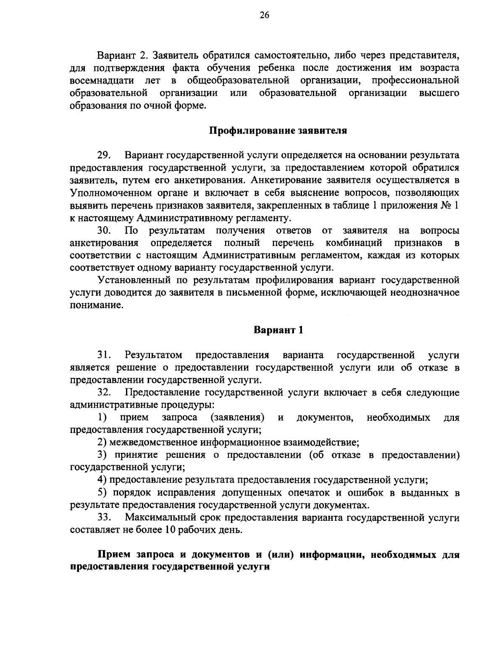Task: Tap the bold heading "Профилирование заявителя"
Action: click(278, 130)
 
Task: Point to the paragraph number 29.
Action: click(103, 156)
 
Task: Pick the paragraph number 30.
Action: click(103, 230)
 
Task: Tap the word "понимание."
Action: click(97, 305)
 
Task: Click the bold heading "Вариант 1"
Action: click(278, 330)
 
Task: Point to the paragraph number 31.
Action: click(103, 355)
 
